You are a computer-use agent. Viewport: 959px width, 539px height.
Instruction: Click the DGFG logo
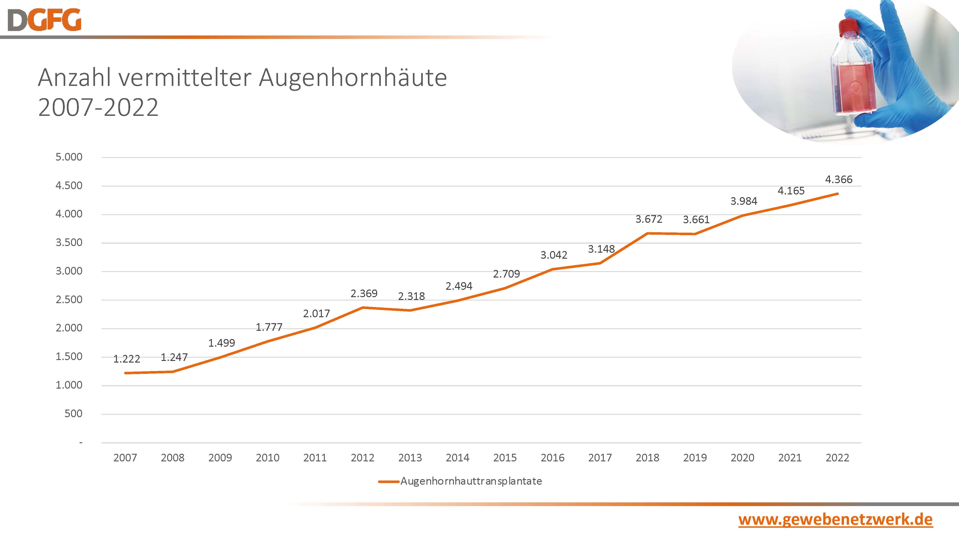(44, 20)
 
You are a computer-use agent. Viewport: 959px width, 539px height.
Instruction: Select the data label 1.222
(127, 359)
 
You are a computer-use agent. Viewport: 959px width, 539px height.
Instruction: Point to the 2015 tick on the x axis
(505, 457)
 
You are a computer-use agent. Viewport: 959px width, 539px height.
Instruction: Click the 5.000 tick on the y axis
(69, 157)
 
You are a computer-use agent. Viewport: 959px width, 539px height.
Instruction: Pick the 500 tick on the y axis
(73, 414)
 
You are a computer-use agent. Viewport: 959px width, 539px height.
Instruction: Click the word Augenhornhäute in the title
(352, 78)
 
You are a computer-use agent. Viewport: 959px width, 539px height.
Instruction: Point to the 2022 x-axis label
(837, 457)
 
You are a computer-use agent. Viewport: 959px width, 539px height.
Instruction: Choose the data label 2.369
(364, 293)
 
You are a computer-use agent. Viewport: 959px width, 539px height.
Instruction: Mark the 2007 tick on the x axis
(125, 457)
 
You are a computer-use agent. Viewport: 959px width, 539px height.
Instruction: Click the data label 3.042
(553, 255)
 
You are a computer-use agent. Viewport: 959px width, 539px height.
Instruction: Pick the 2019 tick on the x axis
(695, 457)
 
